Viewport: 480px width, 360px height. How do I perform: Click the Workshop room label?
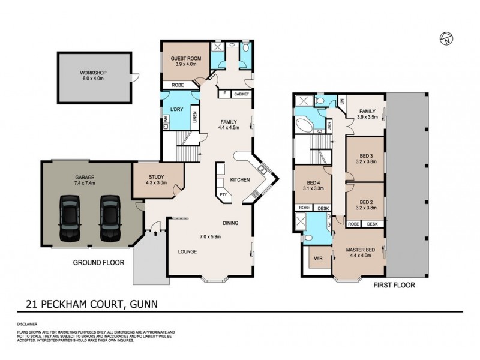[92, 77]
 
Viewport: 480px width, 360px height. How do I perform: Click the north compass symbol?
[446, 40]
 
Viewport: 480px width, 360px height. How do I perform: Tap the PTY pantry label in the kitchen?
[223, 194]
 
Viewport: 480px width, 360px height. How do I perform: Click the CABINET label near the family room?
[241, 94]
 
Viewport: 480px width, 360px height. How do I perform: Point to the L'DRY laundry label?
[176, 109]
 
